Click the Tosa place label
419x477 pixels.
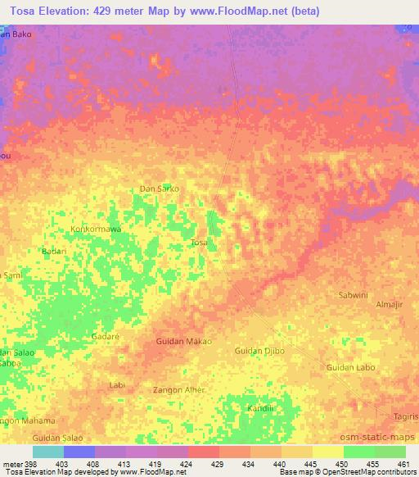tap(199, 243)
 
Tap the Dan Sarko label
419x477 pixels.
tap(159, 189)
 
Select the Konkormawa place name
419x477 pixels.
tap(96, 229)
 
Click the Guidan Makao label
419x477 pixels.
tap(183, 341)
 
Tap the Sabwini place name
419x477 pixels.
tap(355, 293)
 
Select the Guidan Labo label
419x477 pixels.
tap(350, 367)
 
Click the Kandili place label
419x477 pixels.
tap(262, 407)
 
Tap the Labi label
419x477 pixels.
tap(116, 384)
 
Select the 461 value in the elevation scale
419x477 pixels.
tap(403, 463)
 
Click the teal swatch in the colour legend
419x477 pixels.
tap(47, 452)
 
